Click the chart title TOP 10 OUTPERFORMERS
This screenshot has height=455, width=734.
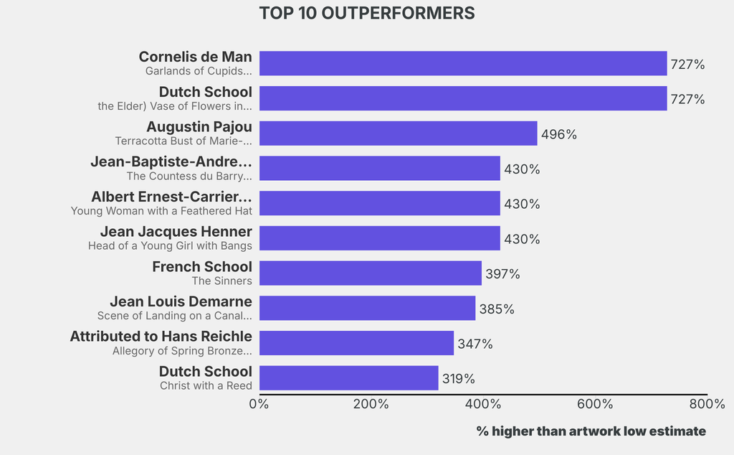coord(366,14)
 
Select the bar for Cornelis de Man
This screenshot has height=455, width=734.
coord(462,63)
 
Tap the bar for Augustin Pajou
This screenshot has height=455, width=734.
coord(398,133)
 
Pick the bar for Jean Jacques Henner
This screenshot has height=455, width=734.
coord(379,238)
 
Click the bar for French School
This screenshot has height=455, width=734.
coord(370,273)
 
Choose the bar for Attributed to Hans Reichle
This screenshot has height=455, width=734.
coord(356,343)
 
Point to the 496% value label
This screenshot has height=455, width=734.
coord(559,134)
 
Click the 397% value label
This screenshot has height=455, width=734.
coord(502,274)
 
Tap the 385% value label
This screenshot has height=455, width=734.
coord(497,309)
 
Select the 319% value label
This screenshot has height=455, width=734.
coord(458,379)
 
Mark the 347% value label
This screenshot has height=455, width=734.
coord(475,344)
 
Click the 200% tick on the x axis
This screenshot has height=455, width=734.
coord(371,404)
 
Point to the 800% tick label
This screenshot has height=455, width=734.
coord(707,404)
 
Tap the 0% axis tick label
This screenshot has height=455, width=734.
coord(259,404)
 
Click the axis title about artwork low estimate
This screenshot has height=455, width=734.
coord(591,431)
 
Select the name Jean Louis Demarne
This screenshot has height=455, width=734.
coord(181,301)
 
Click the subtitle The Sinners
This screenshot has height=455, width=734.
coord(221,281)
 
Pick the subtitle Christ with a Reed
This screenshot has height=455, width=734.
coord(206,386)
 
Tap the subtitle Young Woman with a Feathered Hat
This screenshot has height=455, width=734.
coord(161,211)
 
